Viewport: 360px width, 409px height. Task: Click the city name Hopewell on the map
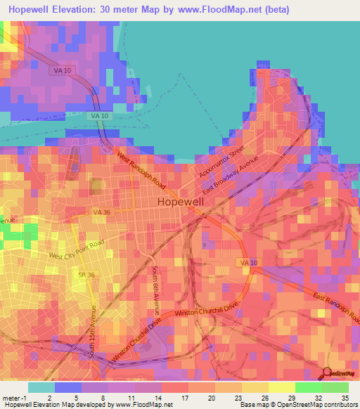click(x=181, y=201)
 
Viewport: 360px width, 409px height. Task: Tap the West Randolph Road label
click(x=141, y=171)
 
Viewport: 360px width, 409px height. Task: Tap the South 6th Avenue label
click(x=156, y=289)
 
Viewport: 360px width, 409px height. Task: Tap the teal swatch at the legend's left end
click(x=41, y=387)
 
